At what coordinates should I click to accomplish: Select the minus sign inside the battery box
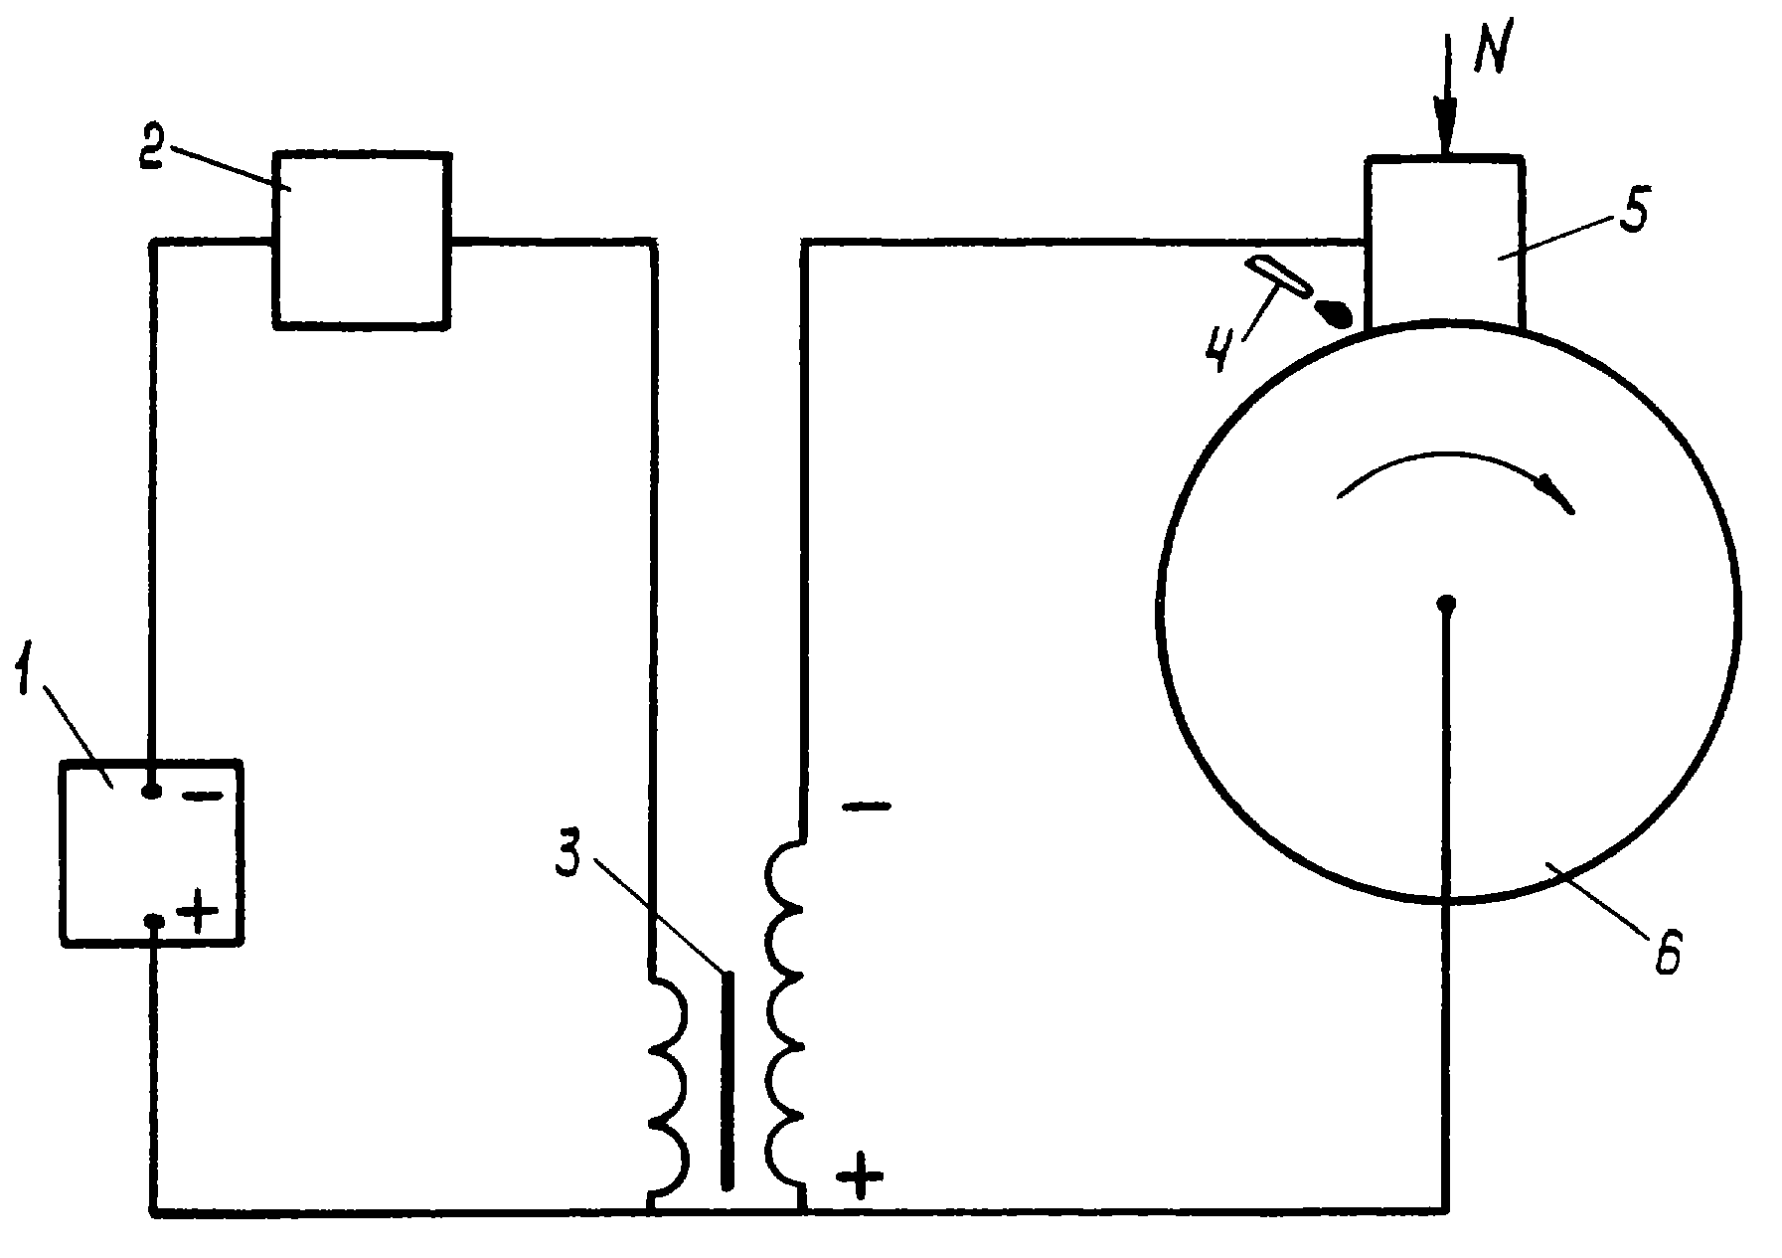[202, 798]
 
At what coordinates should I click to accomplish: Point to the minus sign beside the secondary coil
[866, 805]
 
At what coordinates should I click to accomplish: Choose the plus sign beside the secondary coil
[859, 1178]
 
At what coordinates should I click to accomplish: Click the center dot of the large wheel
[1447, 603]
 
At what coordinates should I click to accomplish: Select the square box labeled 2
[361, 239]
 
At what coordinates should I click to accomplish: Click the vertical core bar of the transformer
[729, 1080]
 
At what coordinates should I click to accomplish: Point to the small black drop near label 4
[1334, 314]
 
